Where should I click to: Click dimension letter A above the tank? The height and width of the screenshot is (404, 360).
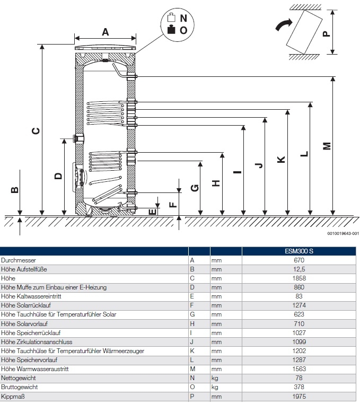click(105, 32)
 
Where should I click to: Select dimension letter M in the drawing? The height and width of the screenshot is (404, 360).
click(327, 145)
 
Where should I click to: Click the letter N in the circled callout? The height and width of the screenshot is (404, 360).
click(183, 17)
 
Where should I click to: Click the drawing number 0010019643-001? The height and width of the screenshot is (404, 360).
click(339, 233)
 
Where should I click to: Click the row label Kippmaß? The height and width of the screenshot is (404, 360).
click(12, 396)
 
